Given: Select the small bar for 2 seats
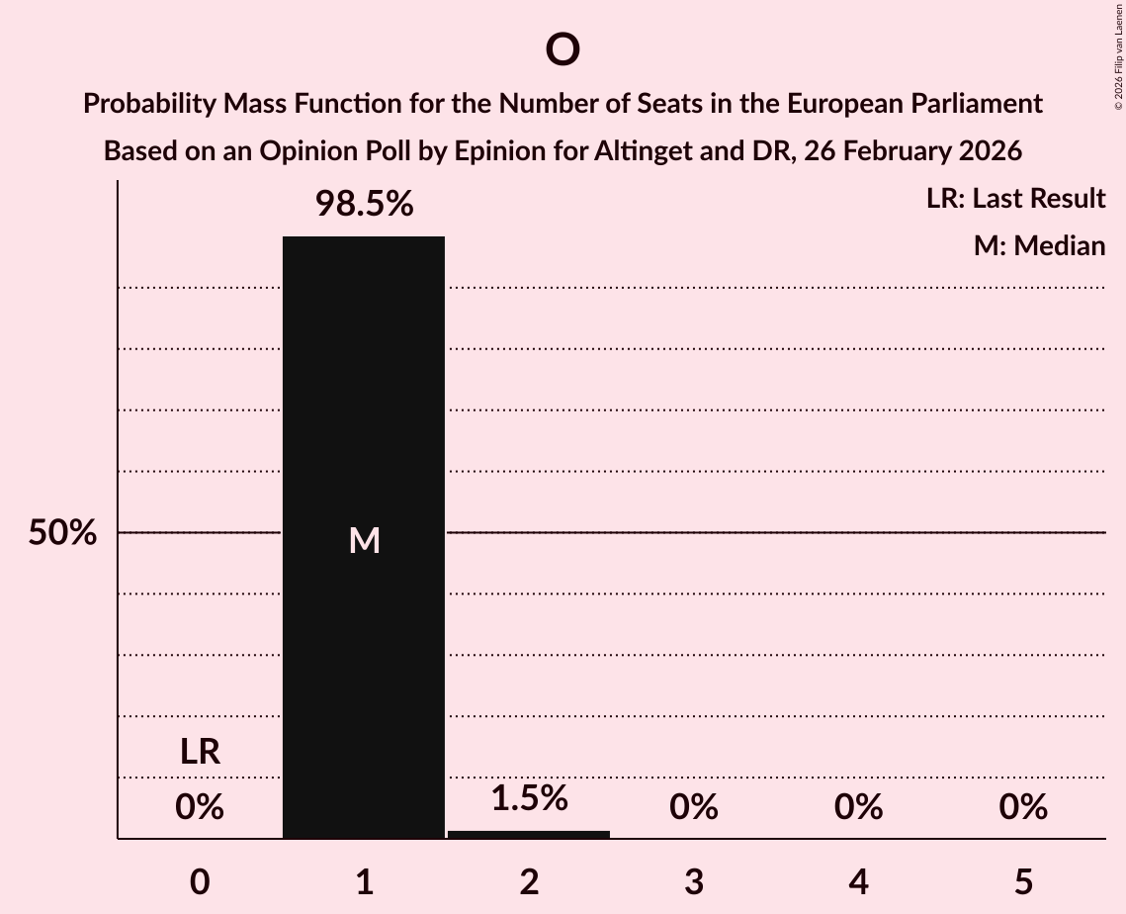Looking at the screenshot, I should click(x=529, y=834).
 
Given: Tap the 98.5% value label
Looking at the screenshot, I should click(x=364, y=205).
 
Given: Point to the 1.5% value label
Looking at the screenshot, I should click(x=529, y=798).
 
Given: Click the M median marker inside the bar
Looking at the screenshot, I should click(x=364, y=540).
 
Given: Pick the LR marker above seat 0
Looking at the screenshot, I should click(x=200, y=753).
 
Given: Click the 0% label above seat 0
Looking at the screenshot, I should click(x=200, y=808).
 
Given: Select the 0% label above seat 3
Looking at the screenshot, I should click(x=693, y=808).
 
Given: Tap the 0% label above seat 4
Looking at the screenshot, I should click(x=858, y=808).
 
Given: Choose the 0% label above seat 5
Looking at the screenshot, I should click(x=1022, y=808).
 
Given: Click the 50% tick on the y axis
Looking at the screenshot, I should click(x=62, y=534).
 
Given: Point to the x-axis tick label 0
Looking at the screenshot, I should click(x=200, y=882).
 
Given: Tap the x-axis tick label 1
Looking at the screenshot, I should click(x=364, y=882).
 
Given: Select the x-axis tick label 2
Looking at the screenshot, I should click(x=529, y=882).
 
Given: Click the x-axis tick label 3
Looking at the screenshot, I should click(x=693, y=882).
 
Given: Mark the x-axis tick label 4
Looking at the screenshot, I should click(x=858, y=882).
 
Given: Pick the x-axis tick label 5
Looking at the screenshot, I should click(x=1022, y=882).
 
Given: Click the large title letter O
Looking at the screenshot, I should click(x=562, y=49).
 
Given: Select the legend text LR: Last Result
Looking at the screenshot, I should click(x=1015, y=199).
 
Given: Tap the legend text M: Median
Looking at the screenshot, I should click(x=1039, y=246).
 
